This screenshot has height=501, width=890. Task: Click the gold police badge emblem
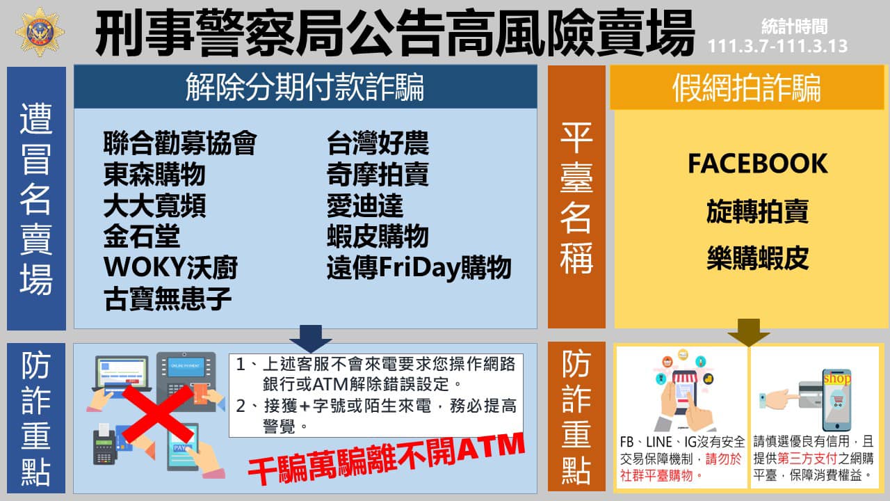[x=40, y=32]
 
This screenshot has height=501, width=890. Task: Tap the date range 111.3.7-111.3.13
[x=777, y=46]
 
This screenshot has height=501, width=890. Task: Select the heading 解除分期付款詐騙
[x=305, y=87]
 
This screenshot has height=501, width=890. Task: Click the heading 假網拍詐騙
[x=747, y=88]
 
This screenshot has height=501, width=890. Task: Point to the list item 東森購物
[x=154, y=174]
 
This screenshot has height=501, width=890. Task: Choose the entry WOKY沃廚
[x=170, y=267]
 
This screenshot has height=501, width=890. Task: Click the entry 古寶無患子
[x=168, y=299]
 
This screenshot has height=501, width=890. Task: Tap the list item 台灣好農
[x=378, y=143]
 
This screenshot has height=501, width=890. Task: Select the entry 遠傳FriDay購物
[x=419, y=267]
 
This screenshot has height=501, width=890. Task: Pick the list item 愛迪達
[x=365, y=205]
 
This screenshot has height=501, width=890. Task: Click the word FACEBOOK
[x=758, y=164]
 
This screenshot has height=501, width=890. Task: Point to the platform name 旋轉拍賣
[x=758, y=211]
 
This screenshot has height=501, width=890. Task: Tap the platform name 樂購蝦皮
[x=758, y=258]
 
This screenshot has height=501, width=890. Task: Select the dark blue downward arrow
[x=311, y=338]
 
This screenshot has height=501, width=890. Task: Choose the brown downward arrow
[x=749, y=333]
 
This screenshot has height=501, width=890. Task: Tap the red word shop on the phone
[x=837, y=378]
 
